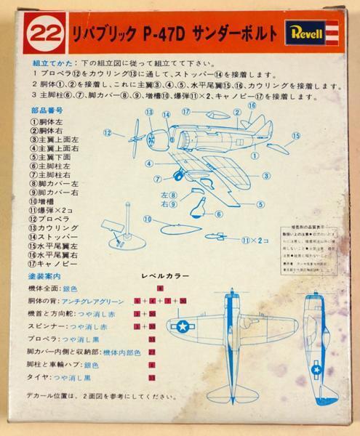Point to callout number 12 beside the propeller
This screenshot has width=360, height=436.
[x=108, y=133]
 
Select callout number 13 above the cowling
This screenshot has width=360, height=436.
[x=149, y=113]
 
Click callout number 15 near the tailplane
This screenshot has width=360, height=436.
[x=296, y=135]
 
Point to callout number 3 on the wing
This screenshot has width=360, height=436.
[x=267, y=175]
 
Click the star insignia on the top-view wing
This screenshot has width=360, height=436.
[x=179, y=327]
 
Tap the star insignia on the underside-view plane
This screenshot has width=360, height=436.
[x=317, y=371]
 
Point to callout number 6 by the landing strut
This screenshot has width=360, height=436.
[x=218, y=214]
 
